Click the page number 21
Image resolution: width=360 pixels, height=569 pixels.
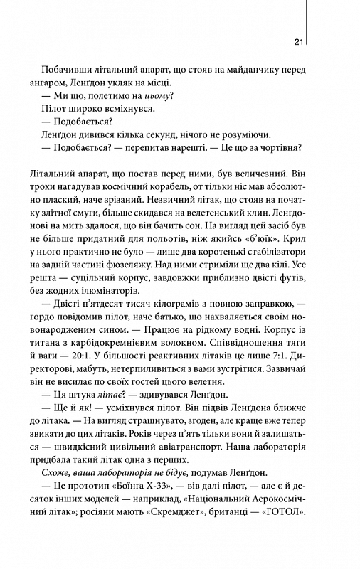(x=299, y=41)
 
